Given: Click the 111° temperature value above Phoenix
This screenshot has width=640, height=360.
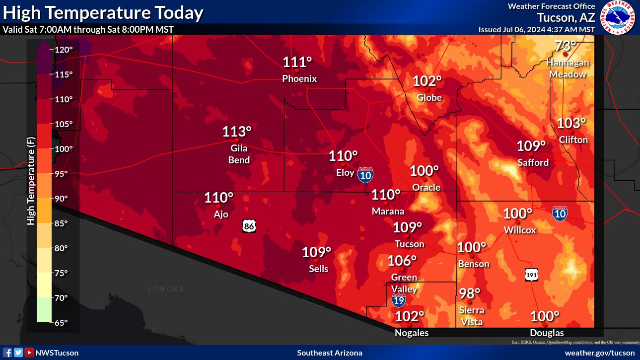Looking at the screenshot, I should pyautogui.click(x=297, y=63).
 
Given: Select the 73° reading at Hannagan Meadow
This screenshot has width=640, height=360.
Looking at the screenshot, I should pyautogui.click(x=565, y=46).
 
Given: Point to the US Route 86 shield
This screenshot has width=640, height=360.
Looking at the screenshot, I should pyautogui.click(x=250, y=226).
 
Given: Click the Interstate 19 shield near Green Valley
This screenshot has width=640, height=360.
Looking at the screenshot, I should pyautogui.click(x=398, y=300).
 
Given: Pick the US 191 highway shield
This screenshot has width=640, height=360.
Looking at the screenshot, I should pyautogui.click(x=531, y=275).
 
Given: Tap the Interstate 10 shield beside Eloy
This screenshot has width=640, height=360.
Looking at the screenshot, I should pyautogui.click(x=365, y=174).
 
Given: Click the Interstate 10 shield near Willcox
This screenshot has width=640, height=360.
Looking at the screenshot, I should pyautogui.click(x=560, y=214).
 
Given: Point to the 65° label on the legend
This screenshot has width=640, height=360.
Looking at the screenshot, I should pyautogui.click(x=61, y=323).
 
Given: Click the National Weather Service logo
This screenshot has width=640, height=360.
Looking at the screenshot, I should pyautogui.click(x=618, y=17).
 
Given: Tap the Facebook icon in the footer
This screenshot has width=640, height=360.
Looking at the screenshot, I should pyautogui.click(x=8, y=353).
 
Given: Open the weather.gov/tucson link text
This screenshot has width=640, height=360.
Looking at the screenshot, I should pyautogui.click(x=600, y=353).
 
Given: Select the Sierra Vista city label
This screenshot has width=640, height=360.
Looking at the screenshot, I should pyautogui.click(x=471, y=316).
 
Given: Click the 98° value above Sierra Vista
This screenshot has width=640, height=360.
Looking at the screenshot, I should pyautogui.click(x=470, y=293).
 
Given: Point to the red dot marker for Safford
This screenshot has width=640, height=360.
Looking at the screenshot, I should pyautogui.click(x=531, y=154).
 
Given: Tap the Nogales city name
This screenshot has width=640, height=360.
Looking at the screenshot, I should pyautogui.click(x=412, y=333).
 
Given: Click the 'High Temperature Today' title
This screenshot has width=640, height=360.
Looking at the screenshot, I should pyautogui.click(x=103, y=12).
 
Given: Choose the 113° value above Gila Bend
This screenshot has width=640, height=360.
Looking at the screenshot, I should pyautogui.click(x=237, y=132).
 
